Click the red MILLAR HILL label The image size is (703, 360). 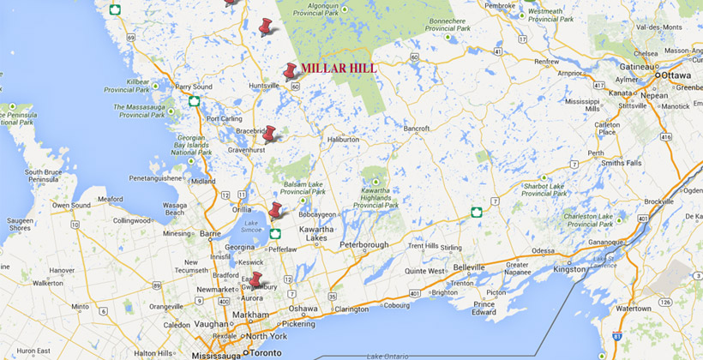(x=338, y=69)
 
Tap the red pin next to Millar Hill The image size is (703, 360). (x=291, y=71)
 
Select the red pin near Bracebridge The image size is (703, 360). (x=269, y=134)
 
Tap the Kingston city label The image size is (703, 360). (x=569, y=269)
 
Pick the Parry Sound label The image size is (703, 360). (x=194, y=87)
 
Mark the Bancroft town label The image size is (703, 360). (x=417, y=129)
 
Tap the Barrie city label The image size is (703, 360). (x=209, y=232)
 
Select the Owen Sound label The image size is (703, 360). (x=72, y=206)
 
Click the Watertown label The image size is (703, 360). (x=634, y=308)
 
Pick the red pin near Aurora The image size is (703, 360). (x=255, y=280)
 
